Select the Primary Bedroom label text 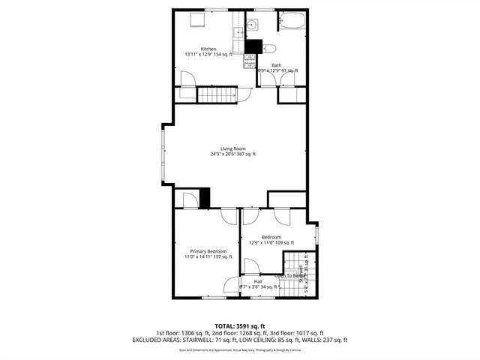(208, 250)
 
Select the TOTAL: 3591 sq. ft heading (240, 326)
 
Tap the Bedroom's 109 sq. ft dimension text (271, 242)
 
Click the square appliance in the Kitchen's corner (196, 19)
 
